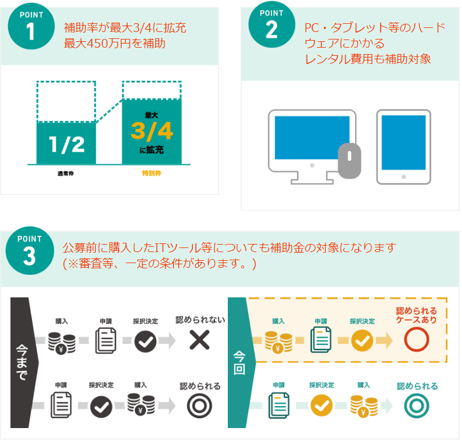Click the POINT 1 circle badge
click(x=31, y=26)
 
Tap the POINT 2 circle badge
click(x=271, y=24)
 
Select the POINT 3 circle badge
click(x=30, y=250)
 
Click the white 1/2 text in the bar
click(x=67, y=145)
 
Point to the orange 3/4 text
click(x=152, y=131)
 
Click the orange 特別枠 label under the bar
click(x=152, y=173)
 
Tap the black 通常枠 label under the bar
click(x=66, y=174)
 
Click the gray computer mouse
click(x=349, y=161)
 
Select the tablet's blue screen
click(x=404, y=142)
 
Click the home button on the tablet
click(x=404, y=177)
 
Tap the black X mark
click(x=199, y=340)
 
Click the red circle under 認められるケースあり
click(x=416, y=340)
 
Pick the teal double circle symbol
click(x=416, y=406)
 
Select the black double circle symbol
click(x=199, y=406)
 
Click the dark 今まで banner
click(x=24, y=362)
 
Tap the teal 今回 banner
click(x=242, y=362)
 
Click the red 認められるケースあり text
click(x=416, y=315)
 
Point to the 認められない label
click(x=200, y=320)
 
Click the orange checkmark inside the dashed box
click(x=362, y=341)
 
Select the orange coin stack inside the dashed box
click(x=278, y=342)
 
